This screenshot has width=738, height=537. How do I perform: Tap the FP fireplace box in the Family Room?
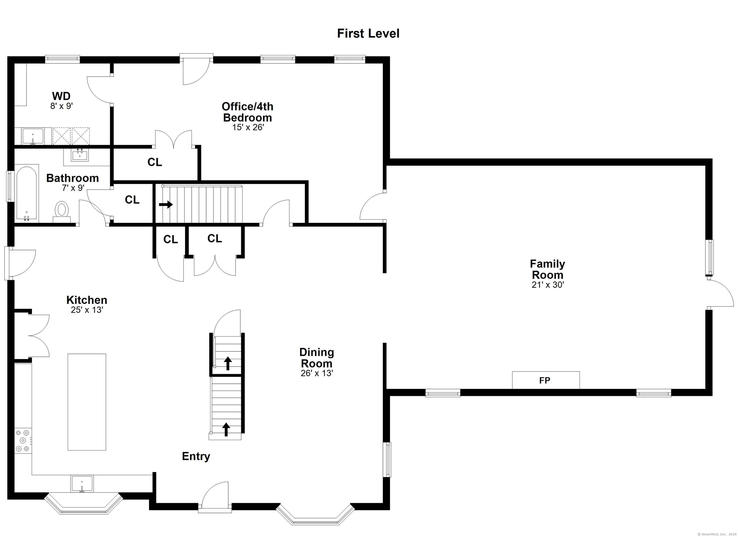tap(546, 380)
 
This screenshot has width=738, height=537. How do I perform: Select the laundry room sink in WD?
tap(32, 136)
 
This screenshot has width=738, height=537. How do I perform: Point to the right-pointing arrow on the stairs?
tap(166, 205)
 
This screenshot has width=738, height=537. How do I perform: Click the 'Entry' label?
tap(196, 456)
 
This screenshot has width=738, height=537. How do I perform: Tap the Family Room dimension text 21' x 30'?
tap(548, 285)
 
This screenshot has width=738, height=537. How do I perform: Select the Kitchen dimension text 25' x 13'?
tap(87, 310)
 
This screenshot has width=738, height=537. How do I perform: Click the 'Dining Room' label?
tap(317, 358)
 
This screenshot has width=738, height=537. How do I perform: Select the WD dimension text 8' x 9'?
tap(61, 106)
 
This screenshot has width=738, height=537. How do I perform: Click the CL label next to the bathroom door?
tap(132, 200)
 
